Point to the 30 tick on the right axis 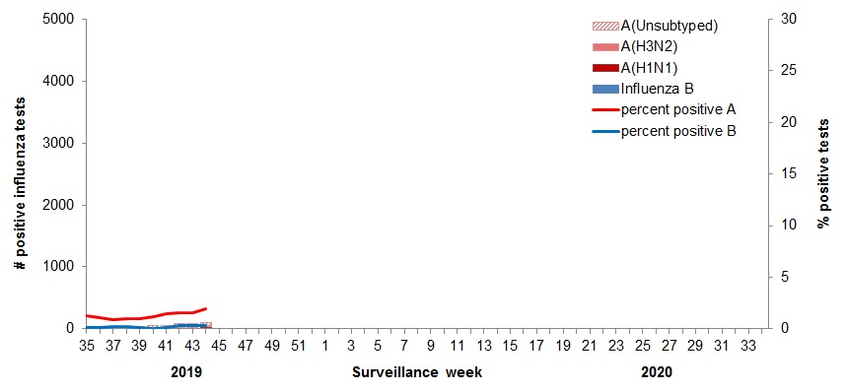pos(787,19)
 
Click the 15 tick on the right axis pos(787,173)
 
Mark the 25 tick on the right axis pos(787,71)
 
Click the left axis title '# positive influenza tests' pos(20,173)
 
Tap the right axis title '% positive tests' pos(823,173)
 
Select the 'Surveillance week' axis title pos(417,372)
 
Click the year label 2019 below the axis pos(185,372)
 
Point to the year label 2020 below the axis pos(657,372)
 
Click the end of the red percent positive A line pos(205,308)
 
